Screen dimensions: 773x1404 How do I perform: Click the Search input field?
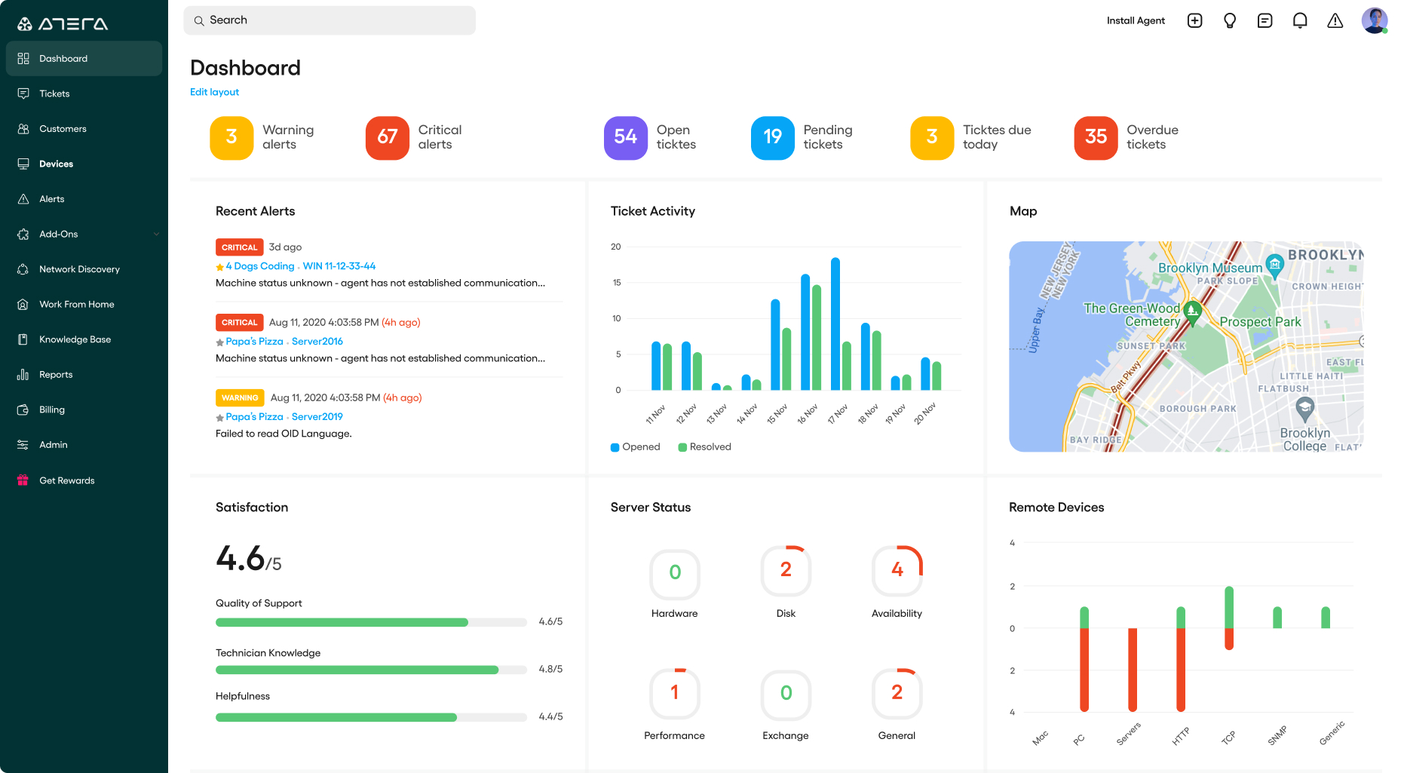pos(330,20)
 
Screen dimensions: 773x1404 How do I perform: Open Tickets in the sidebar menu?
pos(54,94)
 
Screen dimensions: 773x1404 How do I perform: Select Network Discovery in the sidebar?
pos(79,269)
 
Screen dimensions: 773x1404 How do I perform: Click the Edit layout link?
pos(214,92)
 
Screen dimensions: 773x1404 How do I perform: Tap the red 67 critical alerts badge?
pos(387,137)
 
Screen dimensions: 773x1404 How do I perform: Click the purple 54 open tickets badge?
pos(625,137)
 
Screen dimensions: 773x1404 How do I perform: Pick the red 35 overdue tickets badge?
pos(1095,137)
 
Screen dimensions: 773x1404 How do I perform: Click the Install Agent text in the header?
pos(1135,20)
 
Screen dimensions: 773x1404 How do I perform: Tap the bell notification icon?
pos(1299,20)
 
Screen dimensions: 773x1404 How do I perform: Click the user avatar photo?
pos(1374,20)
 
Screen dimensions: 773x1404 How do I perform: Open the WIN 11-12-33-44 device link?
pos(339,266)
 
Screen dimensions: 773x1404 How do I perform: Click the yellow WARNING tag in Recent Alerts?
pos(240,397)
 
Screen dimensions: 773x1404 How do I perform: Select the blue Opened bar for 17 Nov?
pos(835,324)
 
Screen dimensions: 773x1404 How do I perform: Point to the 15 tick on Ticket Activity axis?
pos(617,283)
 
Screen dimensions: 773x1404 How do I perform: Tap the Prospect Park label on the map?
pos(1259,322)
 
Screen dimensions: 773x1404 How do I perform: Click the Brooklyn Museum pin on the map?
pos(1274,265)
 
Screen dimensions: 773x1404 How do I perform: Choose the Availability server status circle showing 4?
pos(897,571)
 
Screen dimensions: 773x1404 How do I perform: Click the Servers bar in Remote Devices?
pos(1132,670)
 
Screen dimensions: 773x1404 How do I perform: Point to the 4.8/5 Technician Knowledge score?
pos(550,669)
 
